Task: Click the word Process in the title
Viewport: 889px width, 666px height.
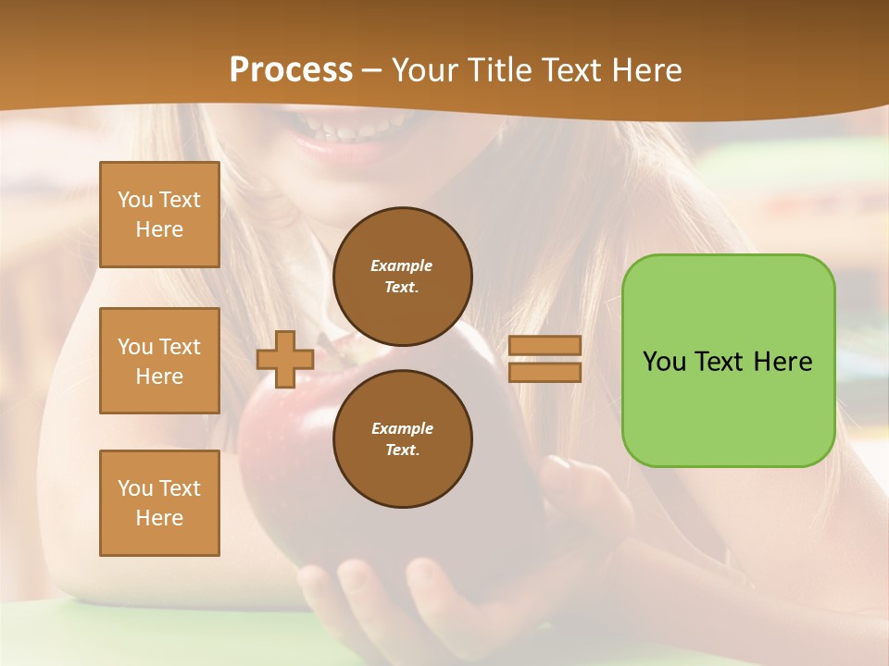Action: (x=291, y=70)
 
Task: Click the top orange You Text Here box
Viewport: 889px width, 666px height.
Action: (x=159, y=215)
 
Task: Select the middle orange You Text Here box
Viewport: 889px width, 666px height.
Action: (x=159, y=361)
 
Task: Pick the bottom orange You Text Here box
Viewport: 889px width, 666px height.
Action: (x=159, y=503)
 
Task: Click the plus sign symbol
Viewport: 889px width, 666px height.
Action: (x=285, y=359)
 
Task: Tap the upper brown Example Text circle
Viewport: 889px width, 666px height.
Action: (x=403, y=277)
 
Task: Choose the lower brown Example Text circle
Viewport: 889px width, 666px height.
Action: (x=403, y=439)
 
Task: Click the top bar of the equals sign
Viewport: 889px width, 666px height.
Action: (x=545, y=345)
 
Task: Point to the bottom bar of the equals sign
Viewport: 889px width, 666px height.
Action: (x=545, y=372)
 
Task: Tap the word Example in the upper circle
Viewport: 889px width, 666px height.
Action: (x=402, y=265)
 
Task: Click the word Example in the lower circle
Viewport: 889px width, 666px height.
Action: (x=402, y=428)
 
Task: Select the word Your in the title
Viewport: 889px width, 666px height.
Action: (x=425, y=70)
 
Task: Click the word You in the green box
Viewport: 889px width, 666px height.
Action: (x=664, y=362)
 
